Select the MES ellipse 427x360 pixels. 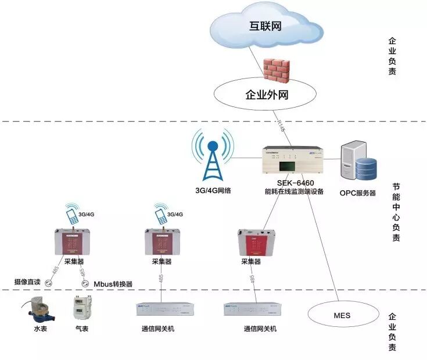(342, 316)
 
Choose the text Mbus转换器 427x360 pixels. (113, 284)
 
